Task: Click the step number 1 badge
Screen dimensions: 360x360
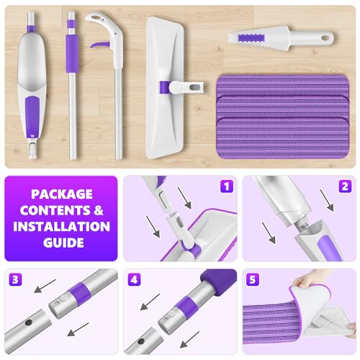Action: (227, 186)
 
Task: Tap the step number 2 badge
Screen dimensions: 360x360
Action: (345, 186)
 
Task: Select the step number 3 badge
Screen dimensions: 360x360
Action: (15, 279)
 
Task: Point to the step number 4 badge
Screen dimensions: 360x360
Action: (134, 279)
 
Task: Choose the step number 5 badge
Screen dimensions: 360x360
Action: (253, 279)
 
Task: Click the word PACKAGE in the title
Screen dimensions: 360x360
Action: (62, 194)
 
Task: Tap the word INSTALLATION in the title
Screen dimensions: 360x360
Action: (61, 226)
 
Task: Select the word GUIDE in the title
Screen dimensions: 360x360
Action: (63, 243)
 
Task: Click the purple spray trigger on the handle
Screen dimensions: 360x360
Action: (100, 45)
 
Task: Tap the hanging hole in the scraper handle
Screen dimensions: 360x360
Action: (325, 37)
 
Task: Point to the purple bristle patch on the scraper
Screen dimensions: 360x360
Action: (251, 38)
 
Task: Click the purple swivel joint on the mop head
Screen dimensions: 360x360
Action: (164, 87)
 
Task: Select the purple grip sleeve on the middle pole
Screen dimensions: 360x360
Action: (72, 53)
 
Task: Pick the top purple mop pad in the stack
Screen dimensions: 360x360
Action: (283, 86)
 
